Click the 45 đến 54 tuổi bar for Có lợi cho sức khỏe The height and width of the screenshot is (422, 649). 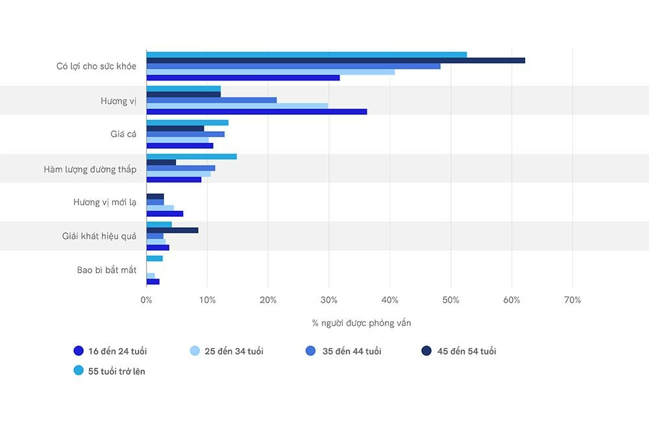(x=336, y=60)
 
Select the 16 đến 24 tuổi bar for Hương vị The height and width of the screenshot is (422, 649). (x=256, y=112)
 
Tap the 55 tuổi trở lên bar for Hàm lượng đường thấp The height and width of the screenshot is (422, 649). (x=191, y=156)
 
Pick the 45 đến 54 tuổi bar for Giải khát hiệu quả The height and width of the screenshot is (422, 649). (x=172, y=230)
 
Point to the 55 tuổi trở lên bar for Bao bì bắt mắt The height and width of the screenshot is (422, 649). (x=154, y=258)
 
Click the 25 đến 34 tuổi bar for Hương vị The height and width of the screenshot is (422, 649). (x=237, y=106)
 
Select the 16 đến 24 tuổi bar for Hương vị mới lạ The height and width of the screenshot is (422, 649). (x=165, y=214)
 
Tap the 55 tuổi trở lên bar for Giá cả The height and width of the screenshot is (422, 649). (x=188, y=123)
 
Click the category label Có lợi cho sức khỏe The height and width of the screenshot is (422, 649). (x=96, y=66)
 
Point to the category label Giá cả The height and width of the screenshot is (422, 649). (x=123, y=134)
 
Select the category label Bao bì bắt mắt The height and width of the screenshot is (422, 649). (x=106, y=270)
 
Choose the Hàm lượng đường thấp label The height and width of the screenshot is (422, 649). (x=90, y=169)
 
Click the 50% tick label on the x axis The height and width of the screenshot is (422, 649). (x=450, y=300)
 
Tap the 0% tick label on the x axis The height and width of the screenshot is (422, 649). (x=147, y=300)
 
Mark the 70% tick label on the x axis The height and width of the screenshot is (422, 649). (x=572, y=300)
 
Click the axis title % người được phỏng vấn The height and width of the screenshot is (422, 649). (x=361, y=323)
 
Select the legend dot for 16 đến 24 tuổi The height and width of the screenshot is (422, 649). (x=79, y=351)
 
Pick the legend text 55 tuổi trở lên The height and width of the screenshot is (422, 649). (x=117, y=371)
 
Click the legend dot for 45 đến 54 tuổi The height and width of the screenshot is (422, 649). (x=426, y=351)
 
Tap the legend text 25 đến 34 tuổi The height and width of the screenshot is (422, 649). (x=234, y=351)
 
